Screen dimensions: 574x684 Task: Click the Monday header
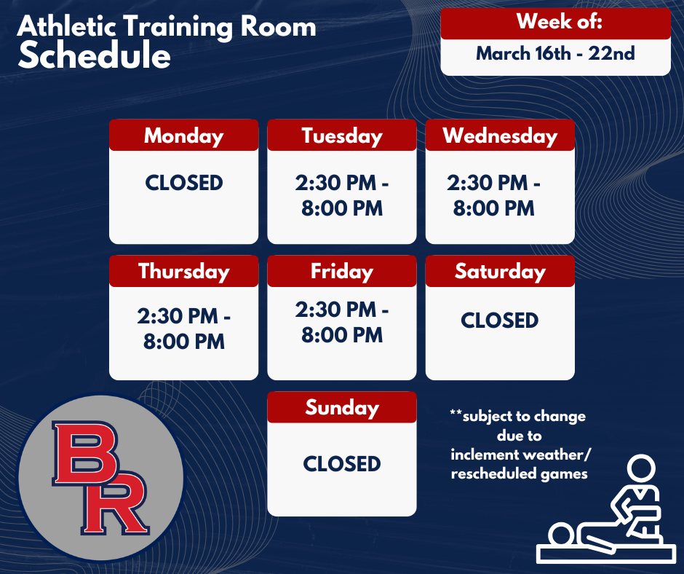[183, 135]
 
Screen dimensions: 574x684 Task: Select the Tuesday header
[341, 135]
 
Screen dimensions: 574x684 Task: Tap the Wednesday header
[500, 135]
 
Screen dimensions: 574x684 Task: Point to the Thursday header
[183, 271]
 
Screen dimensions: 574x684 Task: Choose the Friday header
[341, 271]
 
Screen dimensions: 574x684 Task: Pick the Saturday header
[500, 271]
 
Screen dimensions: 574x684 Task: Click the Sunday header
[341, 407]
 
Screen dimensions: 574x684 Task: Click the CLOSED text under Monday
[183, 183]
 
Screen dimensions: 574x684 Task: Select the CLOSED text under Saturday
[500, 320]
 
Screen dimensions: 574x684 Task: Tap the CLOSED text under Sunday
[341, 463]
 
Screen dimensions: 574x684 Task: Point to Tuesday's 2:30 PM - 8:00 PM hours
[341, 196]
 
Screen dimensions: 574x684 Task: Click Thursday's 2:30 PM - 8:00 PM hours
[183, 329]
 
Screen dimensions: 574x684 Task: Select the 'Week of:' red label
[555, 22]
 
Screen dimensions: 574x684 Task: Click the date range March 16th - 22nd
[555, 54]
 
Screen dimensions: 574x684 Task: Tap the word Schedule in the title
[94, 57]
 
